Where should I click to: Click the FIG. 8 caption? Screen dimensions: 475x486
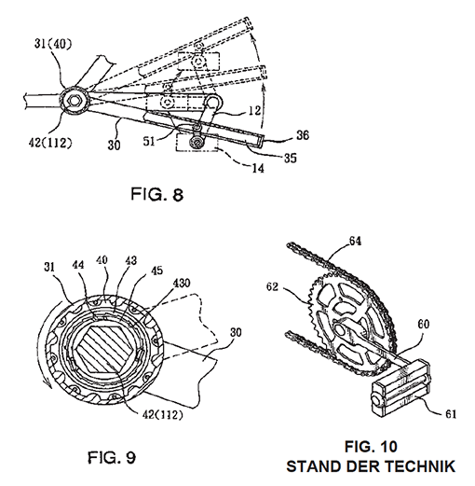coord(157,194)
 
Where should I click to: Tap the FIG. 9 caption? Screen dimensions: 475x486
coord(112,457)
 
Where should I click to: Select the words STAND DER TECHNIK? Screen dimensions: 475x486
coord(371,466)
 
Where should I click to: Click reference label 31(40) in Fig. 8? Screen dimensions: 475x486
coord(53,44)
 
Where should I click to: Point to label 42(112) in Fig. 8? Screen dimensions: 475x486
coord(50,143)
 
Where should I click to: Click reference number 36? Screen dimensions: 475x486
coord(303,135)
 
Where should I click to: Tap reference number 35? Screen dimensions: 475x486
coord(291,158)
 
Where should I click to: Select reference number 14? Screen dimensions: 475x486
coord(257,168)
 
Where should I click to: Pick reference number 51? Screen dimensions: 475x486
coord(149,142)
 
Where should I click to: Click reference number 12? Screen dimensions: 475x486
coord(254,111)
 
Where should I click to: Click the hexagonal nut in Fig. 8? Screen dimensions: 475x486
coord(74,101)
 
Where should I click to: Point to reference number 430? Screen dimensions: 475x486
coord(181,284)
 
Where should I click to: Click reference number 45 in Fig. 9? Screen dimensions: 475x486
coord(156,271)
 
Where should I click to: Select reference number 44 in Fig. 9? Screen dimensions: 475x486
coord(78,265)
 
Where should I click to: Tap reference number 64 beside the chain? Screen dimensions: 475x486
coord(355,241)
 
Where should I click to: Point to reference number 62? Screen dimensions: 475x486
coord(272,286)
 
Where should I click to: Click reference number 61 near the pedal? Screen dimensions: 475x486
coord(450,414)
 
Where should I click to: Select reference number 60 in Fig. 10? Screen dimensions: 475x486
coord(423,325)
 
